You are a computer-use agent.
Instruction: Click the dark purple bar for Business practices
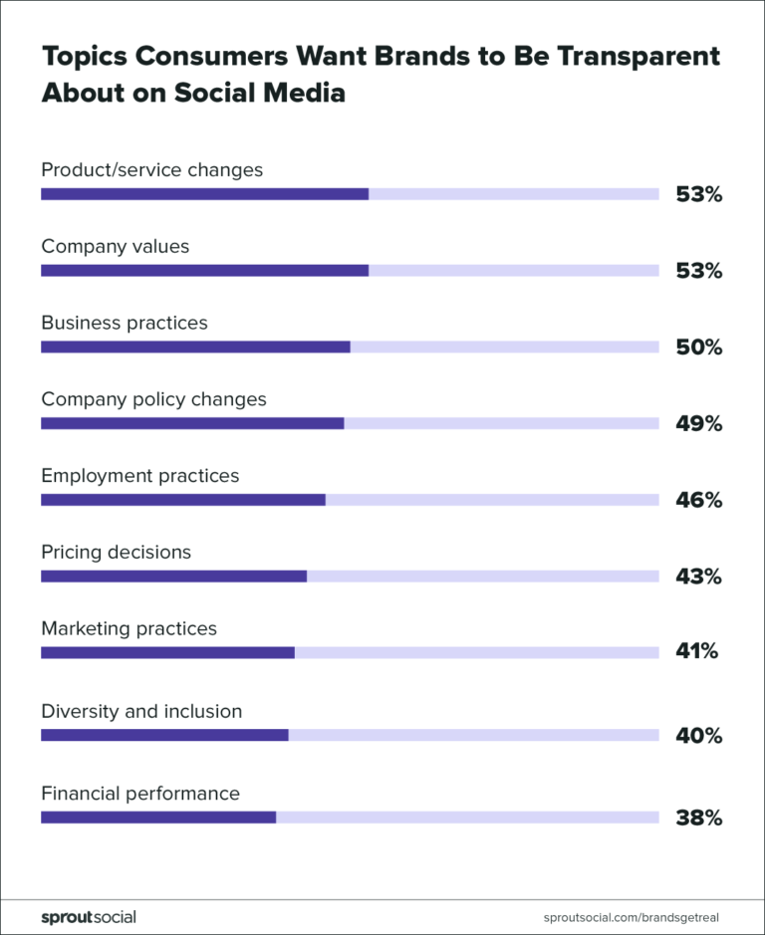(x=195, y=347)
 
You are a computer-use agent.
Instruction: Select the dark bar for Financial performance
(x=158, y=818)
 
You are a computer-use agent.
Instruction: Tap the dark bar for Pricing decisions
(x=173, y=576)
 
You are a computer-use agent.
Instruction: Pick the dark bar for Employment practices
(x=183, y=499)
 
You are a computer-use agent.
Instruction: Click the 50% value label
(x=698, y=348)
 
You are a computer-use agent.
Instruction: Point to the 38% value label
(x=698, y=818)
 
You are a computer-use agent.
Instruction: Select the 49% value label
(x=698, y=424)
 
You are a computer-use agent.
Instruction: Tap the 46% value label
(x=698, y=500)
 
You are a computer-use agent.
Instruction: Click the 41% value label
(x=696, y=652)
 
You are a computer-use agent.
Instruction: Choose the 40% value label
(x=698, y=736)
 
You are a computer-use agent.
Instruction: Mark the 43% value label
(x=698, y=577)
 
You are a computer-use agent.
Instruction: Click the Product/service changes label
(x=151, y=169)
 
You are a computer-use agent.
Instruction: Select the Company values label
(x=115, y=246)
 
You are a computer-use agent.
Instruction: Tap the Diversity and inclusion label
(x=141, y=711)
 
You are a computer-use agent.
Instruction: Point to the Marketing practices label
(x=128, y=628)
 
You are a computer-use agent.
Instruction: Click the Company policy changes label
(x=153, y=399)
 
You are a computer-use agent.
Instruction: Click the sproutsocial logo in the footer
(x=89, y=916)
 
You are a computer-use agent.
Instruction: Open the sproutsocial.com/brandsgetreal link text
(x=633, y=916)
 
